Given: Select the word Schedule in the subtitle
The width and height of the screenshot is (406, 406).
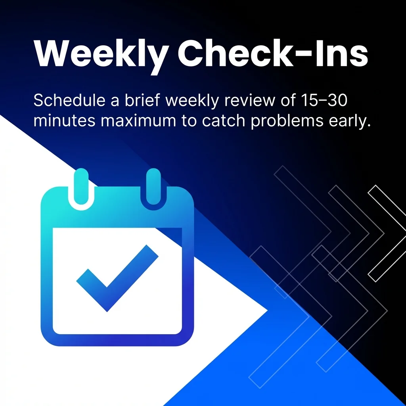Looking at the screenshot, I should pyautogui.click(x=65, y=101).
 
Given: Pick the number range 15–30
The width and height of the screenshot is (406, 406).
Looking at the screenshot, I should pyautogui.click(x=322, y=101).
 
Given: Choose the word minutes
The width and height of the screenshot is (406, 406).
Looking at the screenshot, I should pyautogui.click(x=64, y=121).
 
